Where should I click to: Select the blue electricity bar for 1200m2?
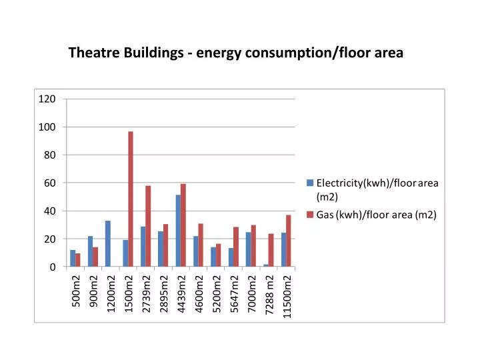pyautogui.click(x=108, y=243)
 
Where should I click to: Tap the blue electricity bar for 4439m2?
pyautogui.click(x=178, y=231)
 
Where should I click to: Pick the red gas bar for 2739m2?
pyautogui.click(x=148, y=226)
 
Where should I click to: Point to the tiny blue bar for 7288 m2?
pyautogui.click(x=266, y=265)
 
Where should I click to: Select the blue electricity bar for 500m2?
pyautogui.click(x=73, y=258)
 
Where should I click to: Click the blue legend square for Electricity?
pyautogui.click(x=310, y=183)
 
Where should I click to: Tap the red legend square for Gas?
pyautogui.click(x=310, y=215)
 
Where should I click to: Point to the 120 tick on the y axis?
pyautogui.click(x=47, y=99)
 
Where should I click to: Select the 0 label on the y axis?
pyautogui.click(x=52, y=267)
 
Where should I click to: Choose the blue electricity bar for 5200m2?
pyautogui.click(x=213, y=257)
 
